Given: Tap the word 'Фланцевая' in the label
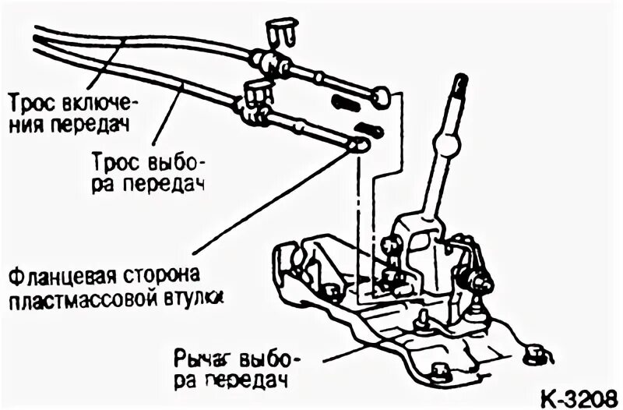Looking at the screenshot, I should click(51, 278).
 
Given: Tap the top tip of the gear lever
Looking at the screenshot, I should click(460, 80).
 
